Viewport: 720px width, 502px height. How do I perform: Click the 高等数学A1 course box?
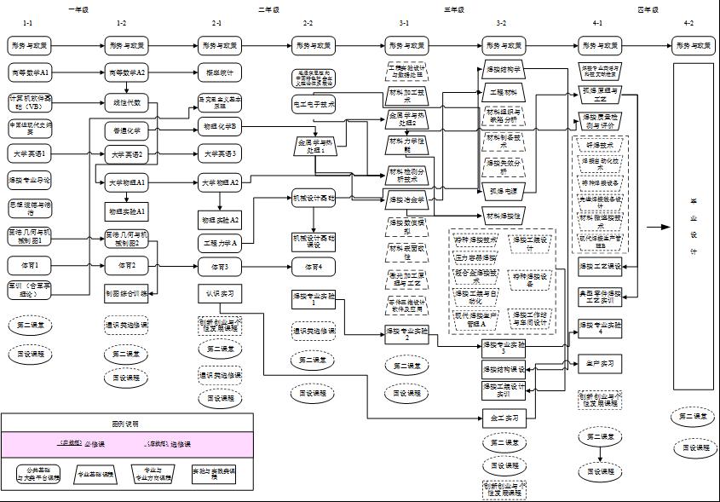click(x=31, y=72)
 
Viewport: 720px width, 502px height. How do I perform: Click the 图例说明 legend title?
click(x=126, y=423)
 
